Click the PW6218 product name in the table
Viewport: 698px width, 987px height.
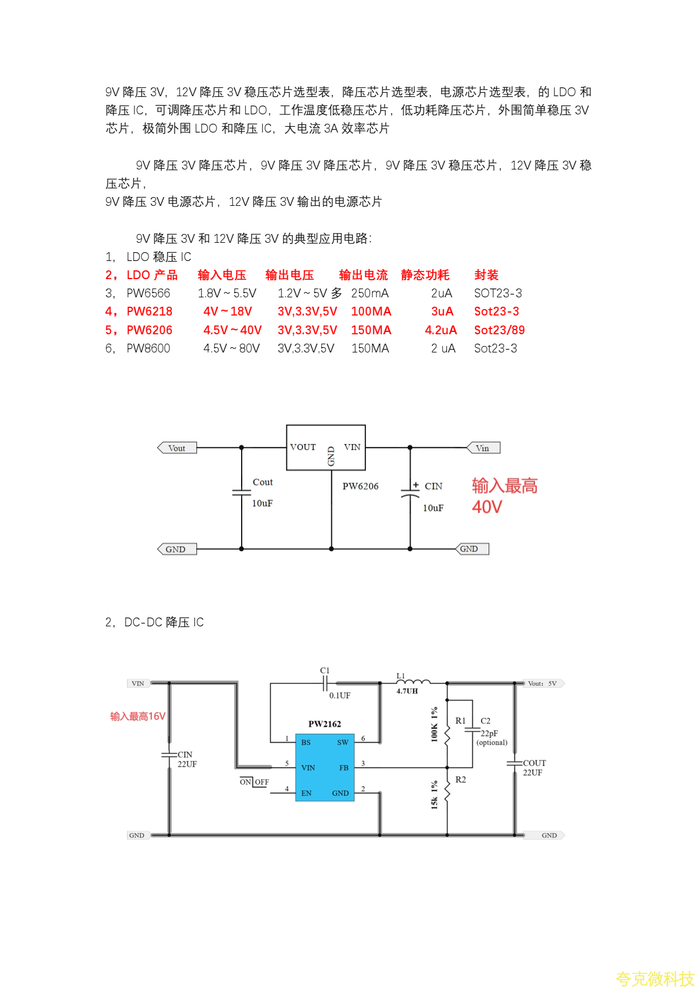pos(150,311)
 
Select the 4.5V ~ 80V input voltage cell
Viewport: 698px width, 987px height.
pos(231,348)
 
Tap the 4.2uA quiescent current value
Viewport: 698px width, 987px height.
pos(441,330)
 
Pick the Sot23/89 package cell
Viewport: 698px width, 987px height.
pos(499,330)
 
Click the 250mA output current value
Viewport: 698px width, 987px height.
pos(370,293)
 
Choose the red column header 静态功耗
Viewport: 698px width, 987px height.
pos(425,275)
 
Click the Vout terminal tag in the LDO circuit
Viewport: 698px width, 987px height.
pos(177,448)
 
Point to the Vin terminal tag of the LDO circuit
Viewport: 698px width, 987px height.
pos(483,448)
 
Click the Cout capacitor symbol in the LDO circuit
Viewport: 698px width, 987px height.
pos(242,492)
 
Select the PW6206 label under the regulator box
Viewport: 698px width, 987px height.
pos(360,486)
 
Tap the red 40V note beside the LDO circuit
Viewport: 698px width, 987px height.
pos(487,507)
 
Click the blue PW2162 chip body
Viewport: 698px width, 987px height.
pos(324,767)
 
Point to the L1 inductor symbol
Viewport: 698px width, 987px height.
pos(413,681)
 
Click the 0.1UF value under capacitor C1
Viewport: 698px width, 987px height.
pos(340,696)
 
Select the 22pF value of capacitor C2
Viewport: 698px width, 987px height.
pos(489,733)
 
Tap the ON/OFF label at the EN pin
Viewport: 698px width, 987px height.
pos(254,782)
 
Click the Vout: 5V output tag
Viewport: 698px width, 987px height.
pos(543,683)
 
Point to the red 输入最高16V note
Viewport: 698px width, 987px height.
pos(138,716)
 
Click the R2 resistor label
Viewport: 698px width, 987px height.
pos(460,779)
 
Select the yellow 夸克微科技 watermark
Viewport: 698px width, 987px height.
pos(655,978)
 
